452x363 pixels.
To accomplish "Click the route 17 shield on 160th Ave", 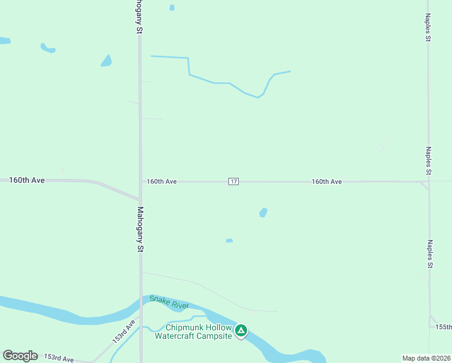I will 234,181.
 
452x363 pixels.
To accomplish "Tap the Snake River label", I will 169,301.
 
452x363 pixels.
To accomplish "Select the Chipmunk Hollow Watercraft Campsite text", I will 193,332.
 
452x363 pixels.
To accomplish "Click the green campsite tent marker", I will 241,330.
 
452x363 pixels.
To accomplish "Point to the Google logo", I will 20,356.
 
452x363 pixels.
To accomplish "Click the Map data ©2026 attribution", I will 426,358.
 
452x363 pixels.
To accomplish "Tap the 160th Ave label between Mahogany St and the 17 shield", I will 161,181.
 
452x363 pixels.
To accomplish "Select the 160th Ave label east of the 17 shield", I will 327,181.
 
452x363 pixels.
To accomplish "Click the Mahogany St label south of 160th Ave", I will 140,229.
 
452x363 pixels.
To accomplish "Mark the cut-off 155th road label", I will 443,327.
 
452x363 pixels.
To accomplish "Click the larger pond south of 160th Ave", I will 263,212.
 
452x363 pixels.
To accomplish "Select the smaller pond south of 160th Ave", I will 229,241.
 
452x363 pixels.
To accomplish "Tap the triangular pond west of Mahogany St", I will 106,60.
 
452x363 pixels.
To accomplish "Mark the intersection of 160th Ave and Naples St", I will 428,181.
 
